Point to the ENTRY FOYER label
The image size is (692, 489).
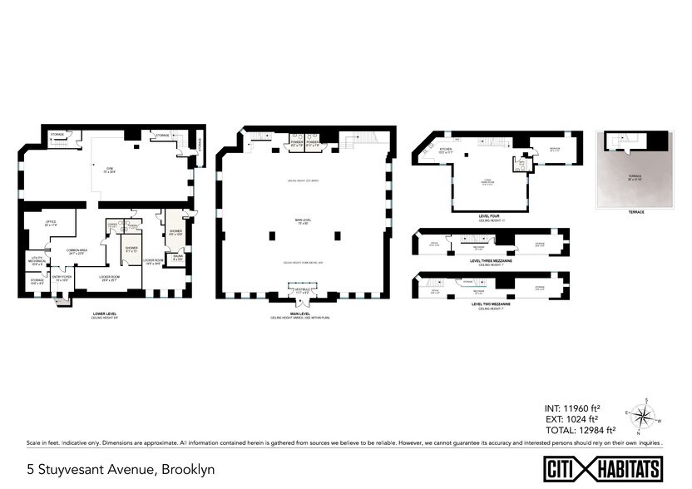pyautogui.click(x=62, y=279)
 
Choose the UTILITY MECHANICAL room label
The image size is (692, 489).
pyautogui.click(x=37, y=262)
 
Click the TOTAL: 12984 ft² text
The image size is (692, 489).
pyautogui.click(x=574, y=429)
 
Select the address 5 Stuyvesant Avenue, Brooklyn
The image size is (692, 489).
pyautogui.click(x=121, y=469)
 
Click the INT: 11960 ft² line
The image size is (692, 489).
pyautogui.click(x=572, y=408)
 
